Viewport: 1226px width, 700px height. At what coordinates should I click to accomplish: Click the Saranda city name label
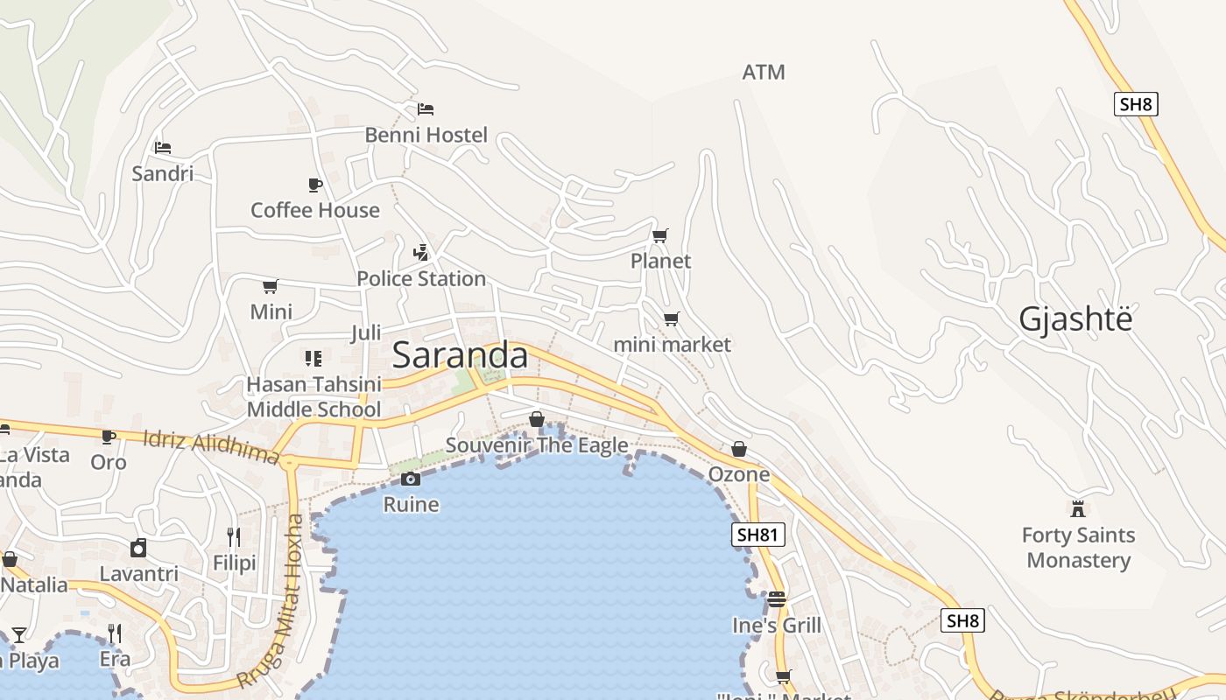tap(460, 355)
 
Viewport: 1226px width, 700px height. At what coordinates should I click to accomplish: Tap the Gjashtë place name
tap(1075, 319)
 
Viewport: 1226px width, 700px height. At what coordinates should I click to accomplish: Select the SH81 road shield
tap(758, 535)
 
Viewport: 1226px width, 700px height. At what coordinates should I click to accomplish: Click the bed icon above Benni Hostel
tap(426, 109)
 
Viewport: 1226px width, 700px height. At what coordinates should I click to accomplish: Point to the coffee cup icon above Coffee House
tap(315, 185)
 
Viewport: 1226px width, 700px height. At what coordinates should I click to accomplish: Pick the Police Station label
tap(420, 278)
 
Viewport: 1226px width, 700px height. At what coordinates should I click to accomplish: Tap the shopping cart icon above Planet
tap(660, 235)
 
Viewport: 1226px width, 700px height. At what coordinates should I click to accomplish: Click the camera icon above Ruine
tap(411, 479)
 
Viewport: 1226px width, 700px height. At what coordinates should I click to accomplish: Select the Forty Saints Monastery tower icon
tap(1078, 508)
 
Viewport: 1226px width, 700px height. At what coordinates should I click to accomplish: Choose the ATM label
tap(764, 72)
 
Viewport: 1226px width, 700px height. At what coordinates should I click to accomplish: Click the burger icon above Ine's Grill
tap(777, 599)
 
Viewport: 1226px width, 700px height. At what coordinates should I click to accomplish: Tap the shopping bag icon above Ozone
tap(739, 449)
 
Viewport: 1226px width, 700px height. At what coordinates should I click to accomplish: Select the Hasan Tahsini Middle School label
tap(314, 396)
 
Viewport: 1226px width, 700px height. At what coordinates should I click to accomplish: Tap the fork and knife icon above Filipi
tap(234, 536)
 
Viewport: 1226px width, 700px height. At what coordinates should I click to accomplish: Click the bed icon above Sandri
tap(163, 148)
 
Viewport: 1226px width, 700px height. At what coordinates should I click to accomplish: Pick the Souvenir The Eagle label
tap(537, 445)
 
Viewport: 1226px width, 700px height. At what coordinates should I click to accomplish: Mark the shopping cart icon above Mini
tap(271, 286)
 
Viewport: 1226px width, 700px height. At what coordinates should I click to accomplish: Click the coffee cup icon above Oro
tap(109, 437)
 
